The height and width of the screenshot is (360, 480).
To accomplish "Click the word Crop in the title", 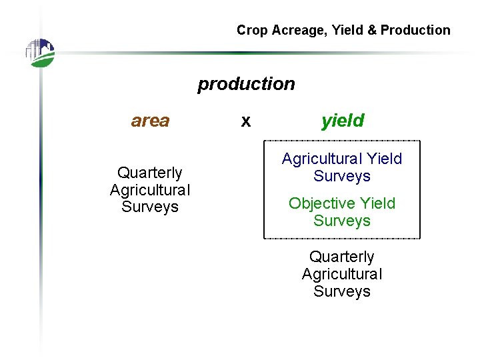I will click(251, 30).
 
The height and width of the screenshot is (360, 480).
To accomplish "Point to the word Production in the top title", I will click(415, 30).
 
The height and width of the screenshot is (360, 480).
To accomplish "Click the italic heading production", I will click(246, 84).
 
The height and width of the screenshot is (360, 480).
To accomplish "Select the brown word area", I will click(150, 121).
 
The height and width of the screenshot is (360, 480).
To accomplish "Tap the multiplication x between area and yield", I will click(246, 121).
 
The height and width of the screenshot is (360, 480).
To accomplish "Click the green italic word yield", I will click(343, 121).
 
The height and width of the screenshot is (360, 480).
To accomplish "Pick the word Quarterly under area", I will click(150, 173).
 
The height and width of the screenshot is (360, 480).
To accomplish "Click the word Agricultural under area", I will click(150, 190).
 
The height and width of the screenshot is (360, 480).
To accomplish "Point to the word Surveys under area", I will click(150, 207).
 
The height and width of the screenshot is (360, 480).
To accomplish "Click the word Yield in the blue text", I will click(385, 159).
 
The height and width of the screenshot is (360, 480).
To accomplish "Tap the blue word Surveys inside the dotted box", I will click(342, 176).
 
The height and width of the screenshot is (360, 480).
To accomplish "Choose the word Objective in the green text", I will click(322, 203).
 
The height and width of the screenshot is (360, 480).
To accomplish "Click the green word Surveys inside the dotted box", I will click(342, 221).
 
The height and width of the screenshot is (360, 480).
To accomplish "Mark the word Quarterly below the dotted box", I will click(342, 257).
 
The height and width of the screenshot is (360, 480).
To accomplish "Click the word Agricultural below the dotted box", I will click(342, 274).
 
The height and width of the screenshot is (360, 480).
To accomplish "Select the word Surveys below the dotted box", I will click(342, 291).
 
